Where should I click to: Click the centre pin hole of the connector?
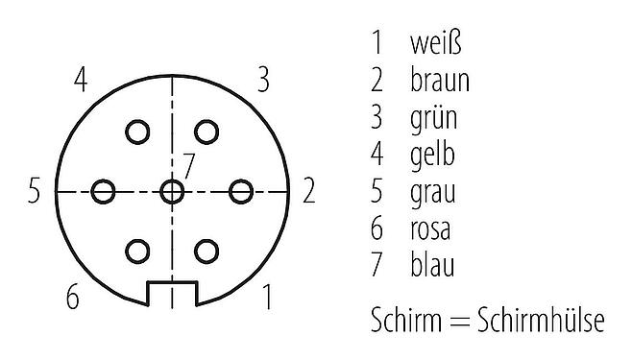[x=172, y=191]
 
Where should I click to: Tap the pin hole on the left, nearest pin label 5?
[x=104, y=191]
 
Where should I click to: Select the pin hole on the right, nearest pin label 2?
[x=240, y=191]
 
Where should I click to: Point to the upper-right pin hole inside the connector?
[x=206, y=132]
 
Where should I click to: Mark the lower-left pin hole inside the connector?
[x=138, y=251]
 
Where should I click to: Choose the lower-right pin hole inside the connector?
[x=206, y=251]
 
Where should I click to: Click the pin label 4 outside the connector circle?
[x=82, y=80]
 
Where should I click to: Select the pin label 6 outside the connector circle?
[x=73, y=298]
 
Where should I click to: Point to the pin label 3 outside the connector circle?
[x=262, y=80]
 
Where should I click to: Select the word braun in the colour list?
[x=439, y=81]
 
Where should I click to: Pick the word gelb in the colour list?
[x=430, y=155]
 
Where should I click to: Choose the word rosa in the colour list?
[x=429, y=228]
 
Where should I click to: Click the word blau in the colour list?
[x=430, y=264]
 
